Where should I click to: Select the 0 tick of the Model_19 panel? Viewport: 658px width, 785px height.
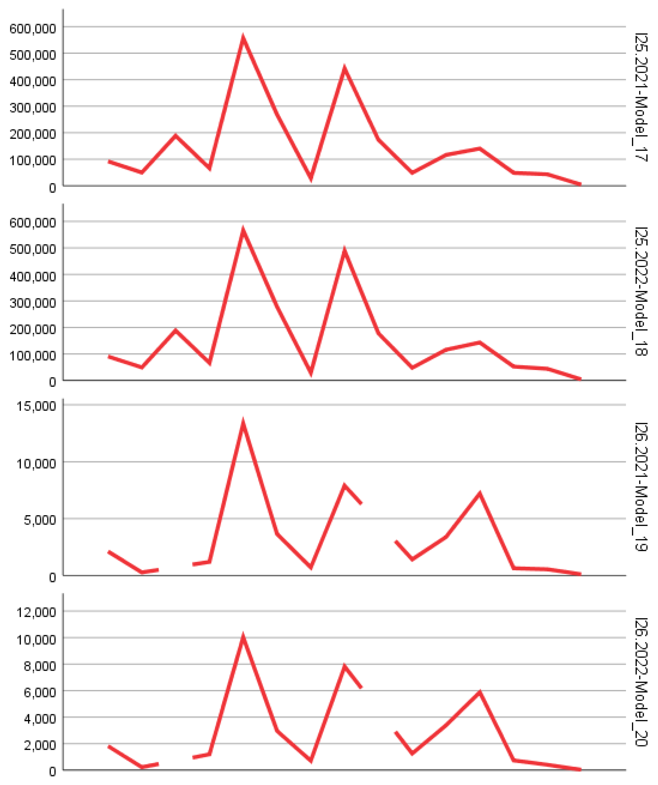[52, 577]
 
